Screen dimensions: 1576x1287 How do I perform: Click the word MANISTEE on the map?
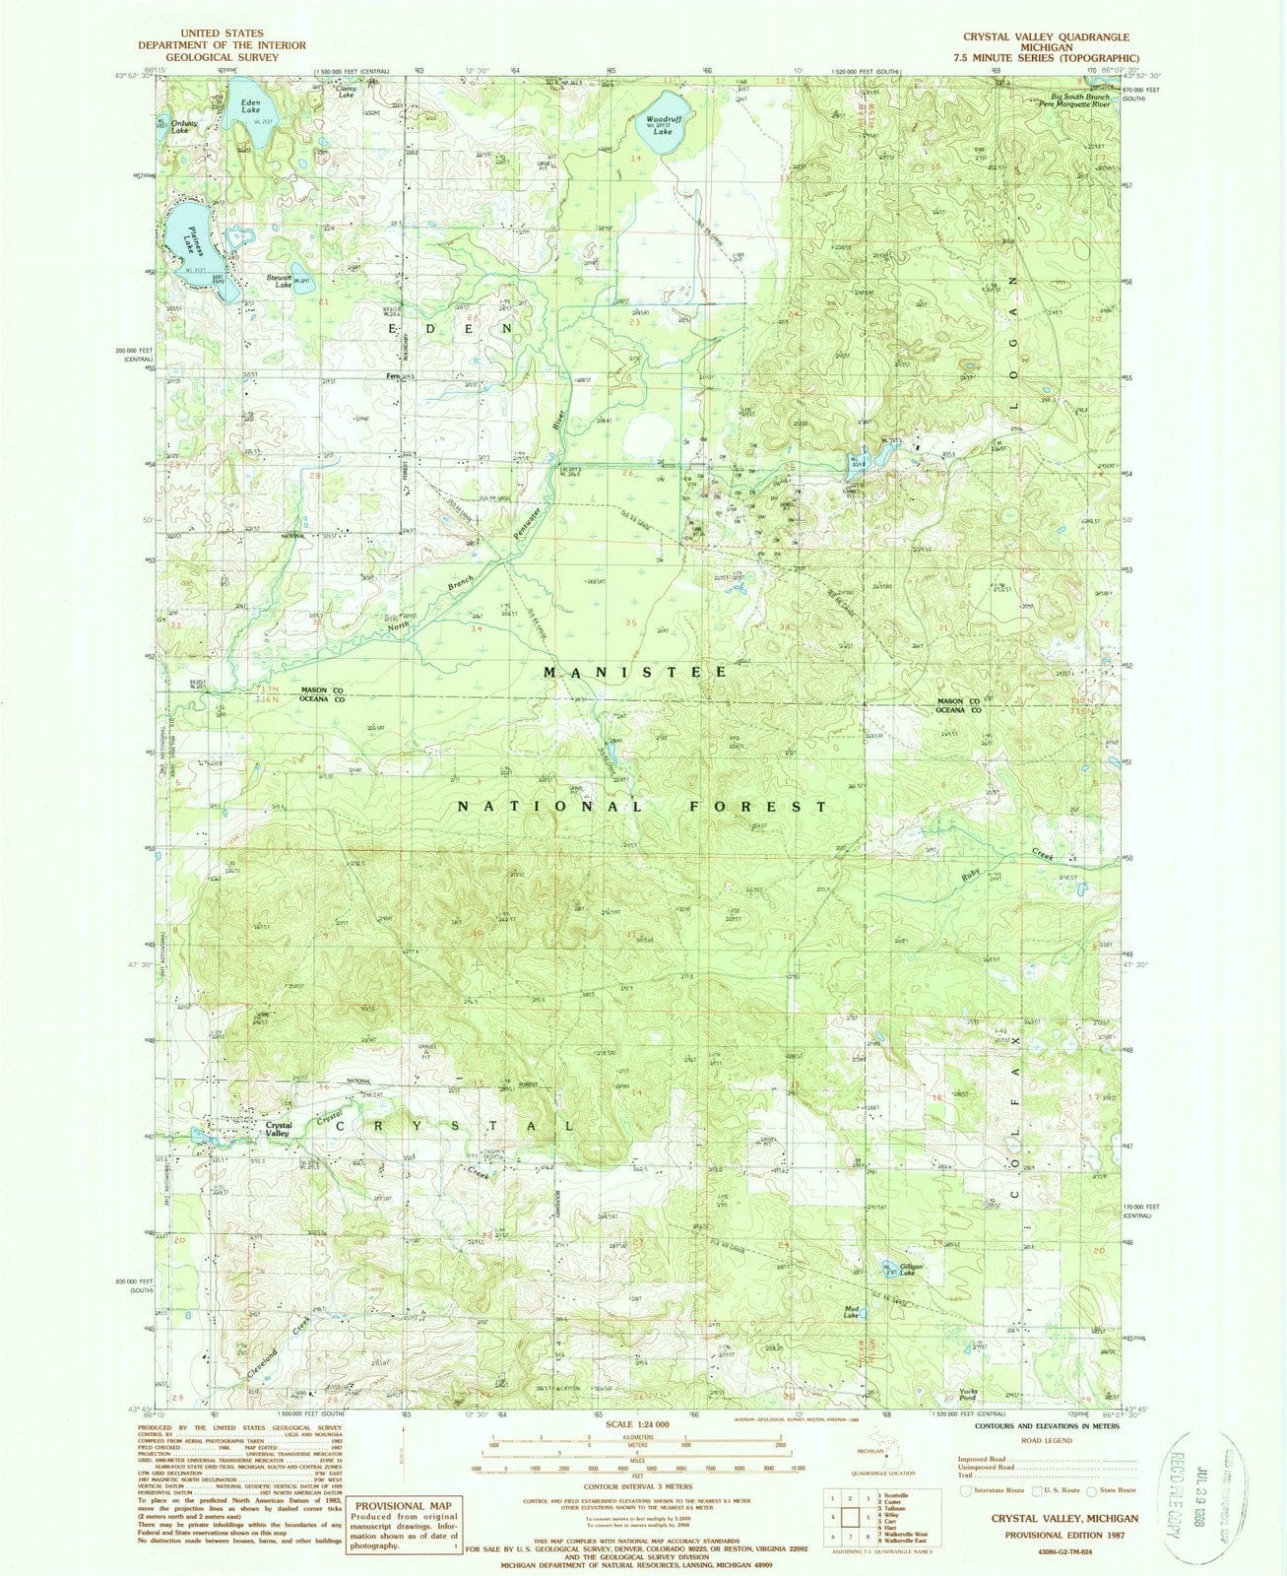tap(637, 672)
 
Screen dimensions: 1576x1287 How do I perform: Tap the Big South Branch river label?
tap(1079, 98)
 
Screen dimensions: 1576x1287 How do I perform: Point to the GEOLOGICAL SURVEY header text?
tap(222, 57)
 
